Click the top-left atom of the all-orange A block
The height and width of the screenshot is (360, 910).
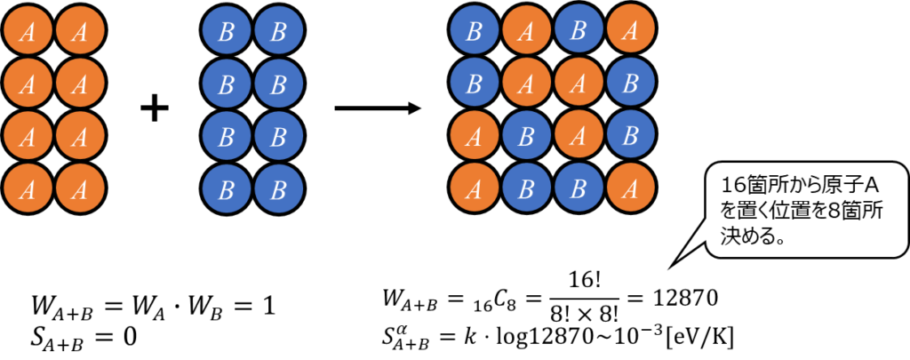pyautogui.click(x=28, y=32)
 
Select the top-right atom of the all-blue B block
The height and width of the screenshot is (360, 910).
pyautogui.click(x=279, y=32)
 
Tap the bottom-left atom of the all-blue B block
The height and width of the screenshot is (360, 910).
pyautogui.click(x=227, y=188)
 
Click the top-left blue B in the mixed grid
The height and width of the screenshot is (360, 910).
pyautogui.click(x=475, y=32)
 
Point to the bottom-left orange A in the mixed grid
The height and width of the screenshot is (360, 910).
pyautogui.click(x=475, y=188)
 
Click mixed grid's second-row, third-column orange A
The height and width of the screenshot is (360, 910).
pyautogui.click(x=579, y=84)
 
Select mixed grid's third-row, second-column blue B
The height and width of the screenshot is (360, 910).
pyautogui.click(x=527, y=136)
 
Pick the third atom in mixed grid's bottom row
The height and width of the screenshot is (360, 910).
pyautogui.click(x=579, y=188)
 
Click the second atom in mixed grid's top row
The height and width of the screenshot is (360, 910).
pyautogui.click(x=527, y=32)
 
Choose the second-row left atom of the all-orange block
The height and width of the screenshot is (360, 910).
pyautogui.click(x=28, y=84)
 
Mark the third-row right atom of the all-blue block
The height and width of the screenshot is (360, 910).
pyautogui.click(x=279, y=136)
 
